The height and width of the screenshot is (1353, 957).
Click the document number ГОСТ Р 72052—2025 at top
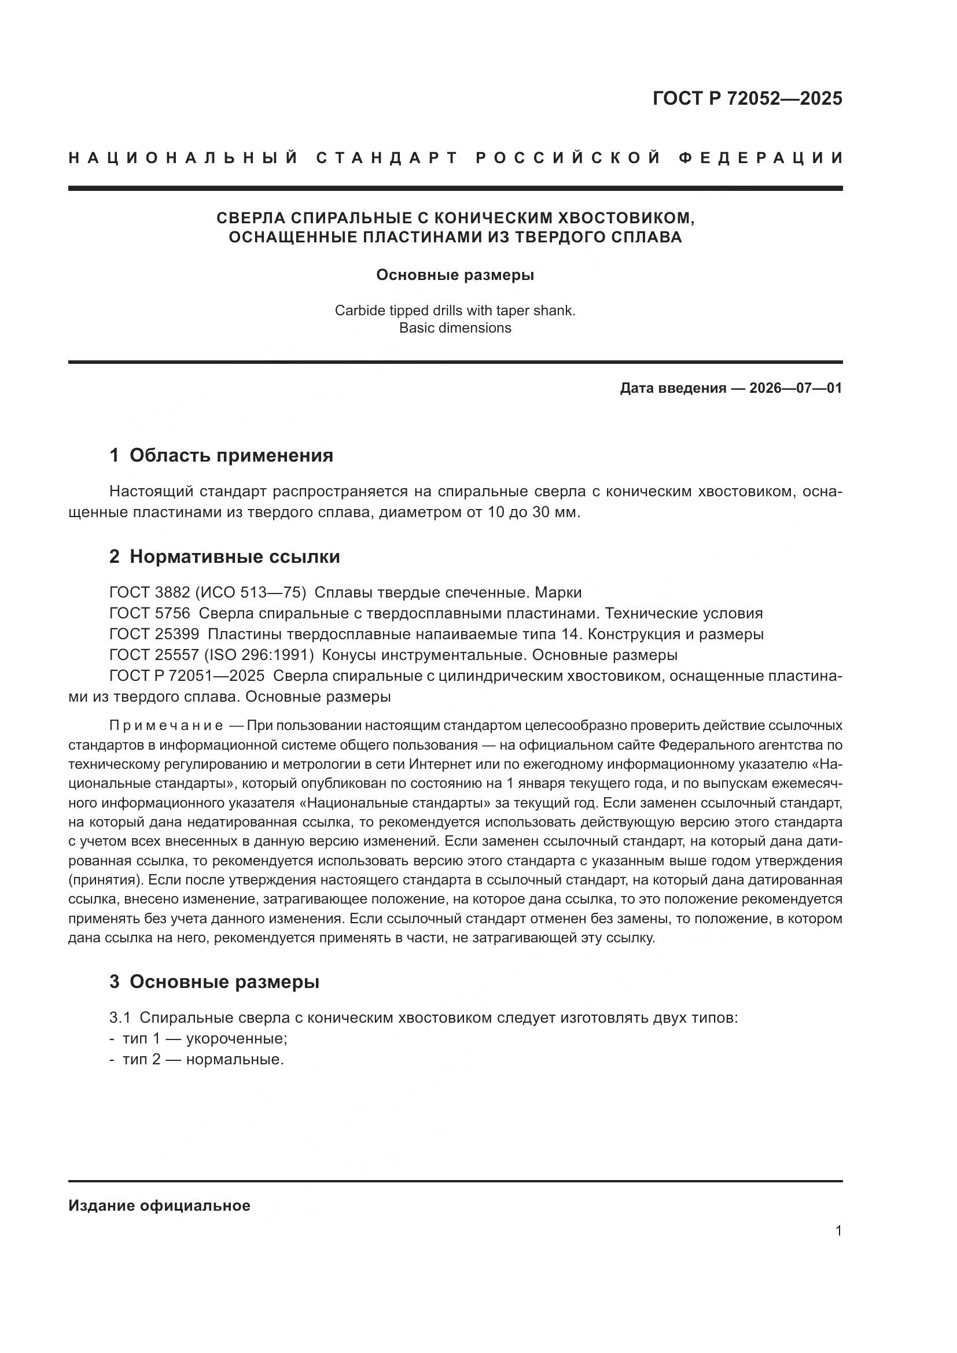pos(747,98)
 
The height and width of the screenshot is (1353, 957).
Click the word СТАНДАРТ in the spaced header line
pos(387,158)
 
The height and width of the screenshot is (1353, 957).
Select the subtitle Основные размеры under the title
pos(455,275)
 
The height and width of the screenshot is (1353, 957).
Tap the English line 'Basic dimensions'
pos(455,327)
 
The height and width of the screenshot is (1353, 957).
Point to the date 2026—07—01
pos(796,388)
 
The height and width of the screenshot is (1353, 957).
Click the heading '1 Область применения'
pos(221,455)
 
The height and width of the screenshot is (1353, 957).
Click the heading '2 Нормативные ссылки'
pos(224,557)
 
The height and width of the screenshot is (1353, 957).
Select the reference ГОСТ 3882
pos(150,592)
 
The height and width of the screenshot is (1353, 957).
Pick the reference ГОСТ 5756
pos(150,613)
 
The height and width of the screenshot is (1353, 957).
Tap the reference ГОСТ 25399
pos(154,635)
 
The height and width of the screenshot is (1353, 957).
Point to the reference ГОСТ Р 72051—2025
pos(187,676)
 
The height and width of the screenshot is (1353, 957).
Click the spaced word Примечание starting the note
pos(166,725)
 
